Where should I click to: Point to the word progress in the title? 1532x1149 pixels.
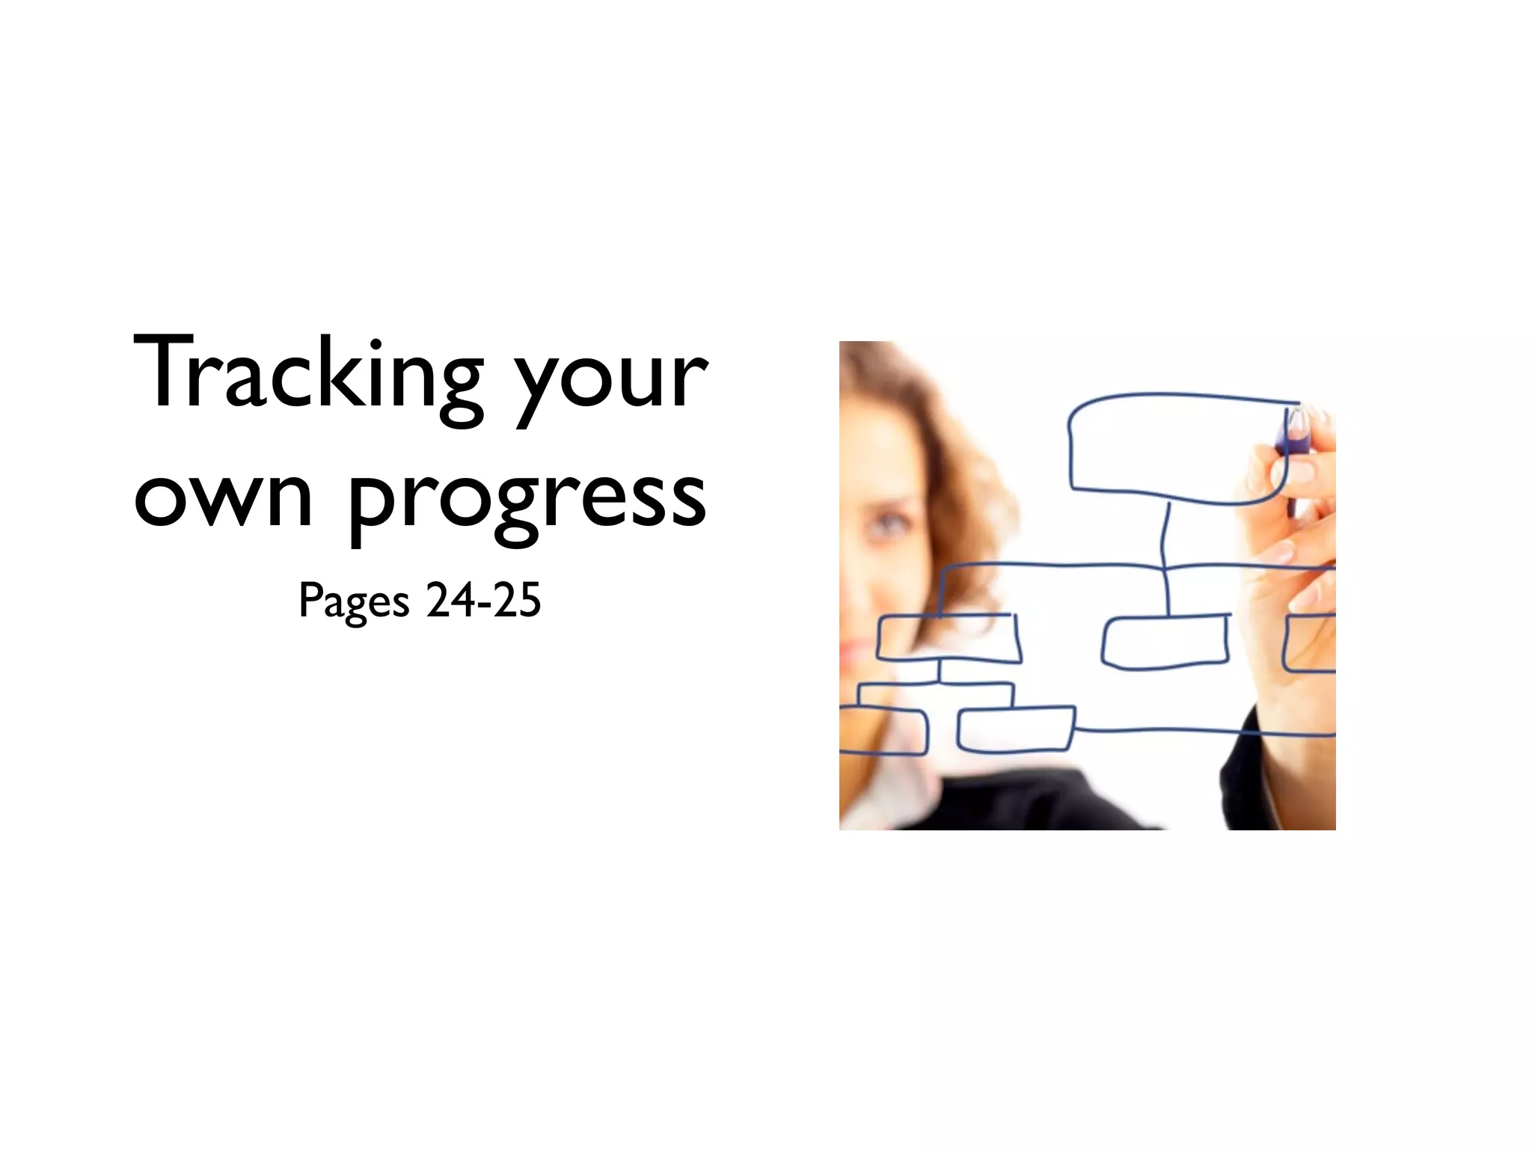point(527,501)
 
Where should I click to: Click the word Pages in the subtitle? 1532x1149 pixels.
point(354,601)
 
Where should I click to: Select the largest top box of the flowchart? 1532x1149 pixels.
point(1174,449)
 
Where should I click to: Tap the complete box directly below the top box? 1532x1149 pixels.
point(1165,642)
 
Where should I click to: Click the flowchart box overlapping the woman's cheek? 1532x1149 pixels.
point(948,638)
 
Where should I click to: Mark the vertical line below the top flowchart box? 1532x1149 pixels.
point(1165,535)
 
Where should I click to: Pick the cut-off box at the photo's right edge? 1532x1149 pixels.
point(1311,643)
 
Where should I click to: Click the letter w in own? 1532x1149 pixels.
point(221,499)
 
